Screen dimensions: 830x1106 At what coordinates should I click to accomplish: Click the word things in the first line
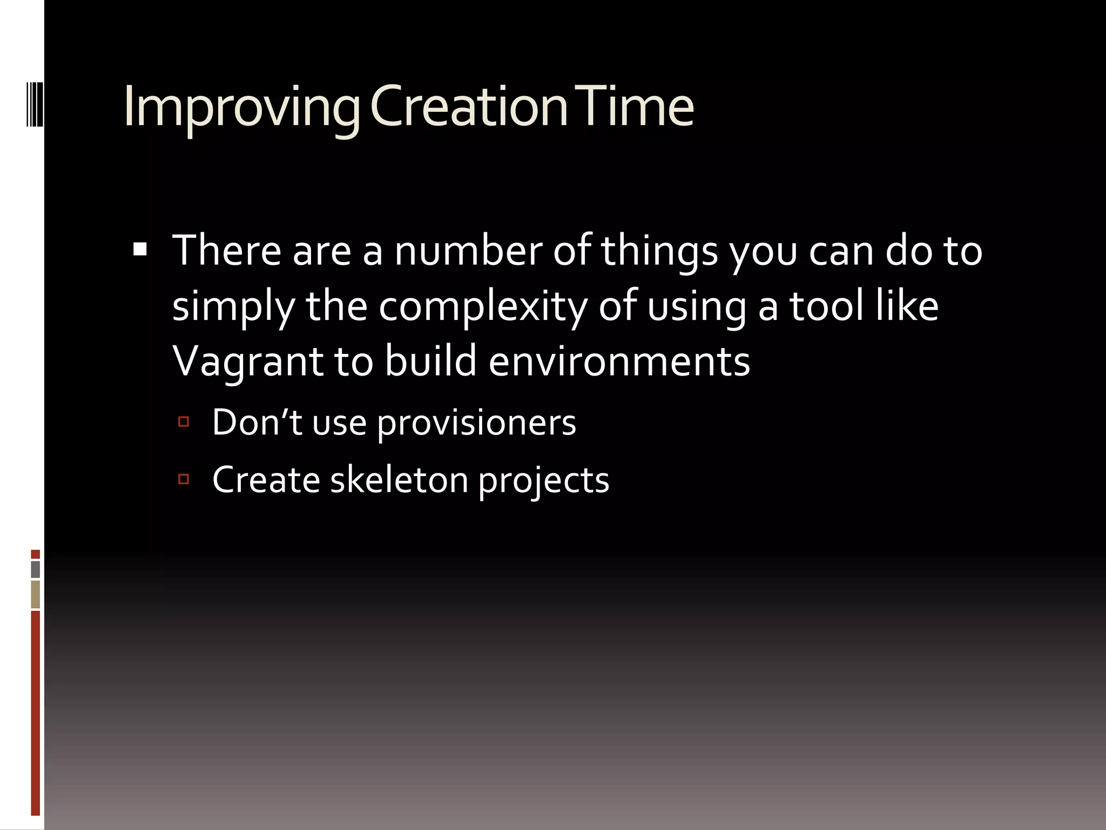[x=659, y=252]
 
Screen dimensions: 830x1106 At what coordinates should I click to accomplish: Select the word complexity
[x=482, y=307]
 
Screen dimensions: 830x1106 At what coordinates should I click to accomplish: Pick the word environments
[x=619, y=361]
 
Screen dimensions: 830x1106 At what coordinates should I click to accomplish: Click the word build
[x=430, y=361]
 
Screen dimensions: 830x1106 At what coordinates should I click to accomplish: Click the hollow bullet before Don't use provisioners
[x=184, y=421]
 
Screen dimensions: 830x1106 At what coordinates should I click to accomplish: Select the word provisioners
[x=476, y=423]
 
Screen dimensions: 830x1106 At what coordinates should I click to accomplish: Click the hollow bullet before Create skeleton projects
[x=184, y=479]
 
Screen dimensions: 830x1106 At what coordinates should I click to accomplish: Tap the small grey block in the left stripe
[x=36, y=569]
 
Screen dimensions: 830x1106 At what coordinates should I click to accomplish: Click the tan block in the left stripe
[x=36, y=594]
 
